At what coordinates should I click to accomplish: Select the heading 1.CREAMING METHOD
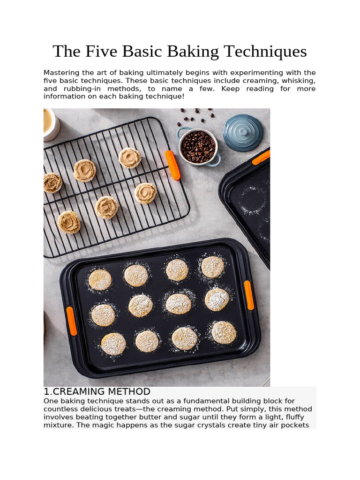pyautogui.click(x=97, y=392)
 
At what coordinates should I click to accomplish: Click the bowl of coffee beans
pyautogui.click(x=198, y=147)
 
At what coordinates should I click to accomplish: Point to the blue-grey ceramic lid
pyautogui.click(x=242, y=132)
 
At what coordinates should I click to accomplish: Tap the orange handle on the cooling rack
pyautogui.click(x=172, y=165)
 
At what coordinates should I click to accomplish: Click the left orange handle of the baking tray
pyautogui.click(x=71, y=321)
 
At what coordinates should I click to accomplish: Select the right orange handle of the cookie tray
pyautogui.click(x=249, y=295)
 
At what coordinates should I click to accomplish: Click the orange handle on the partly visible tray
pyautogui.click(x=261, y=157)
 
